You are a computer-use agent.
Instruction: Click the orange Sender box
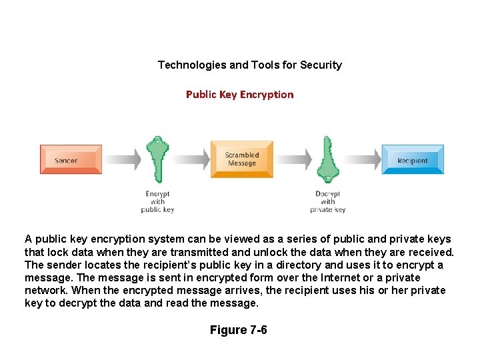tap(71, 160)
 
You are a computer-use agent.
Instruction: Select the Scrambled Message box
tap(241, 159)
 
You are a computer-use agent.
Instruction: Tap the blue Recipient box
tap(412, 160)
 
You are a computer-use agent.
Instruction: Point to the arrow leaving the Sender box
tap(123, 159)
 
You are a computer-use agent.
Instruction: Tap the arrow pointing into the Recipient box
tap(363, 159)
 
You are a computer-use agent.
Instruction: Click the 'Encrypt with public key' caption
tap(157, 202)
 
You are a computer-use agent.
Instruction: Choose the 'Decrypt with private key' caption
tap(327, 202)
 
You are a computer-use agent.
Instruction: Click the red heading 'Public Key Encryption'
tap(239, 95)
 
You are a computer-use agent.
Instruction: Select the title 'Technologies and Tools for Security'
tap(249, 65)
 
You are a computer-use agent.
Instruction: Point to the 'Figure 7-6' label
tap(238, 330)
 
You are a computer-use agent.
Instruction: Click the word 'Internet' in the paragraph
tap(344, 278)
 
